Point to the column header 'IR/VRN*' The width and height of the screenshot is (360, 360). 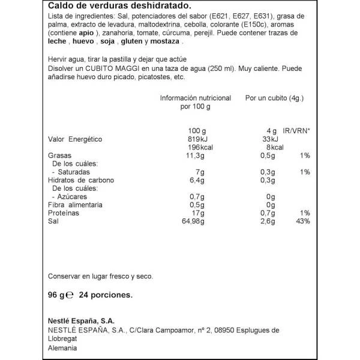297,131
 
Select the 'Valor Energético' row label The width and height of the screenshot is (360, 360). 75,140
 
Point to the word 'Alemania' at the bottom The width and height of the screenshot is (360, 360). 62,348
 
